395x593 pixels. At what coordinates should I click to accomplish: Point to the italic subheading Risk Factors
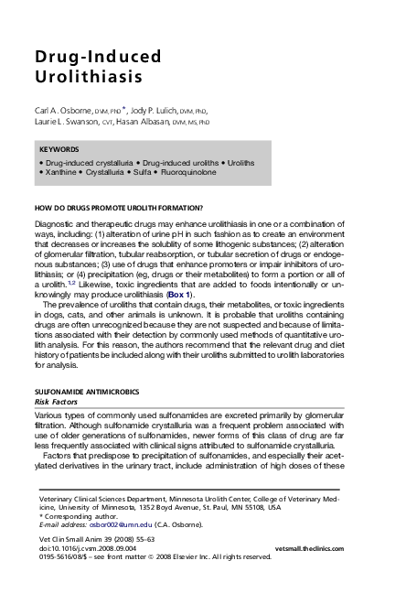(54, 400)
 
